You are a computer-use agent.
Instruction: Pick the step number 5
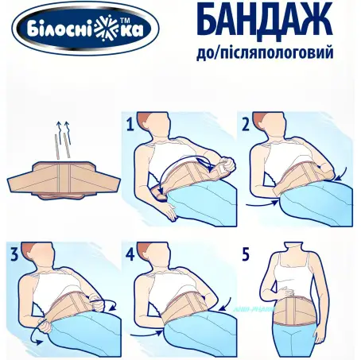pyautogui.click(x=246, y=256)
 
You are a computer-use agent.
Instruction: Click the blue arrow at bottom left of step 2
pyautogui.click(x=260, y=203)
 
